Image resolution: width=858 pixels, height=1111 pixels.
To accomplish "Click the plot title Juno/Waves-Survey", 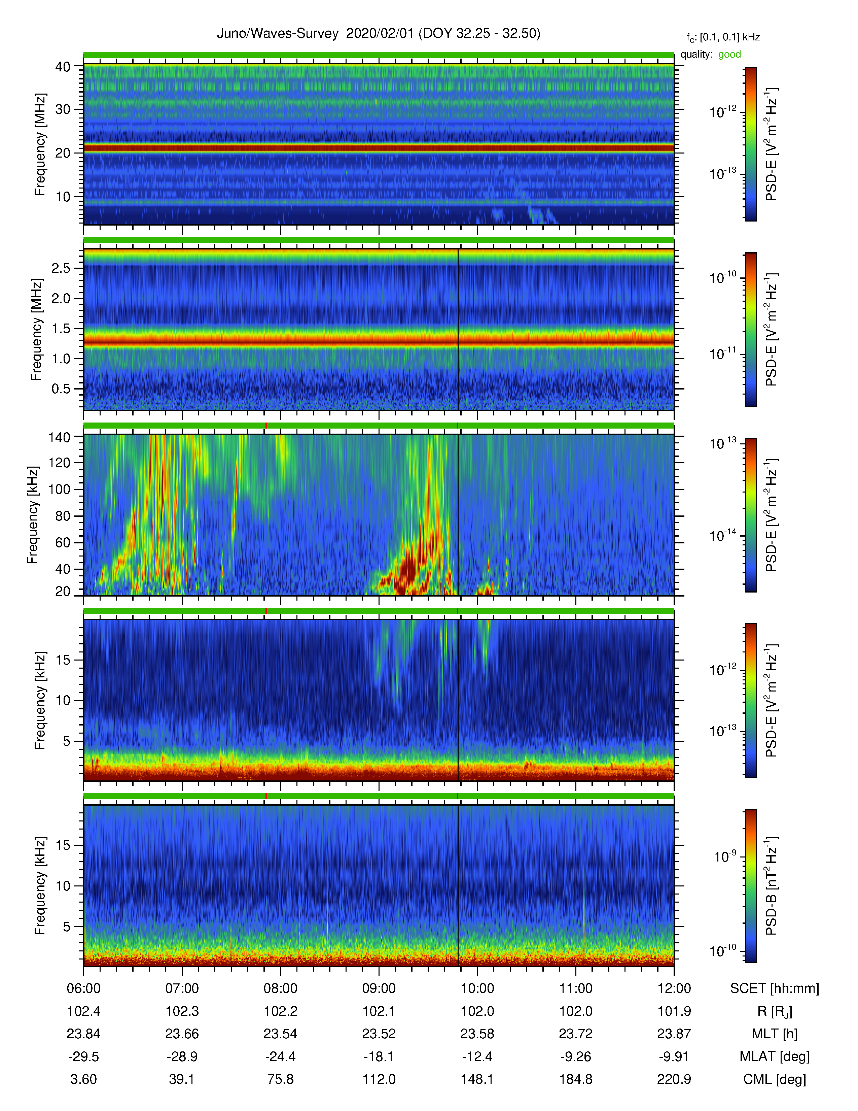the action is [x=278, y=34].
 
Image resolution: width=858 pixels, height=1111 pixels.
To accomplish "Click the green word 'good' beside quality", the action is [x=729, y=55].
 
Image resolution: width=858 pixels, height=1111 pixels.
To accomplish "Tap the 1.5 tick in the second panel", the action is [x=61, y=329].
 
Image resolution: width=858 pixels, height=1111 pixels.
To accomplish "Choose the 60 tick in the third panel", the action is [x=63, y=543].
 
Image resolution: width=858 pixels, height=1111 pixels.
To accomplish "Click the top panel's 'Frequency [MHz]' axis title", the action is [x=40, y=144].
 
